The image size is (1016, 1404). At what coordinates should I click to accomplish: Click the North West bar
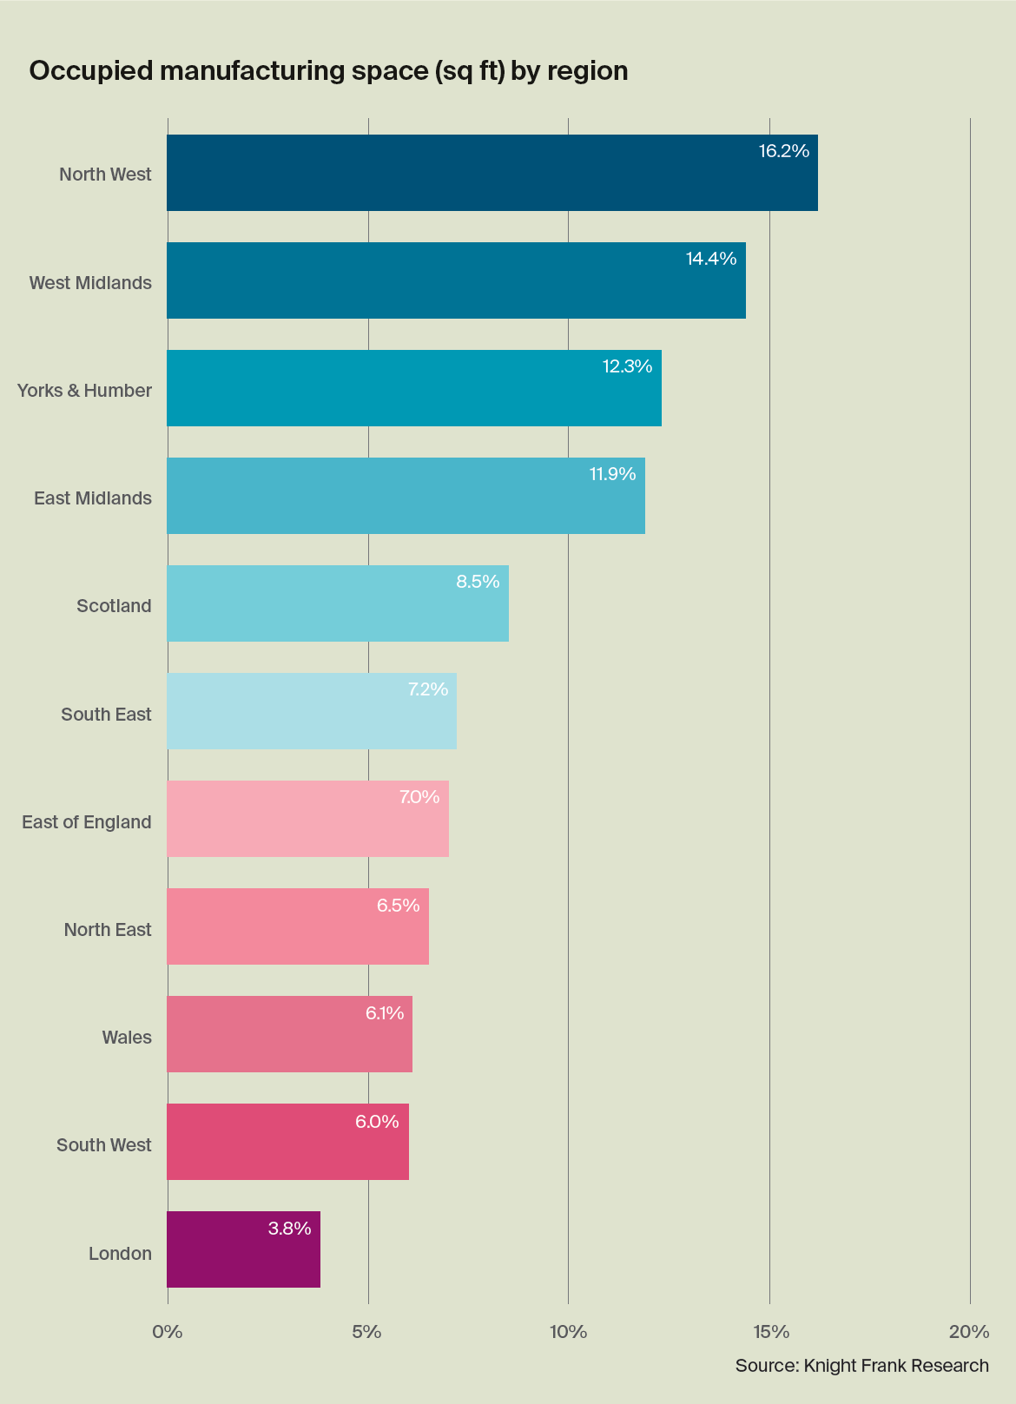(x=492, y=173)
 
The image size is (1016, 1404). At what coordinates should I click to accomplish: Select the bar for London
(x=243, y=1249)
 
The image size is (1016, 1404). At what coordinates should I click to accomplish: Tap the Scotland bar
(x=337, y=603)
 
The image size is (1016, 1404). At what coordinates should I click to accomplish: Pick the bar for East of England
(x=307, y=819)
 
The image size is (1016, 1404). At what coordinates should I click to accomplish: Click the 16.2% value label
(x=783, y=151)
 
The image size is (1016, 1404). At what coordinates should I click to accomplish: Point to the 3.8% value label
(x=289, y=1229)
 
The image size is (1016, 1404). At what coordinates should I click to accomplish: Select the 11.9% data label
(x=612, y=474)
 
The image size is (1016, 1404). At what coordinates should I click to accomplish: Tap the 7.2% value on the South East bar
(x=427, y=689)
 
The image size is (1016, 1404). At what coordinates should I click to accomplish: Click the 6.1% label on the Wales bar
(x=384, y=1013)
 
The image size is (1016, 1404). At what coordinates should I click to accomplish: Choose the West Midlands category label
(x=90, y=283)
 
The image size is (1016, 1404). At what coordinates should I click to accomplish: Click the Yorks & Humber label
(x=84, y=391)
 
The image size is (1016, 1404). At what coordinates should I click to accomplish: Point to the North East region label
(x=108, y=930)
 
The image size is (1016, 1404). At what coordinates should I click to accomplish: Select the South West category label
(x=104, y=1145)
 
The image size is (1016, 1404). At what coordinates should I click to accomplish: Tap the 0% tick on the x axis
(x=168, y=1332)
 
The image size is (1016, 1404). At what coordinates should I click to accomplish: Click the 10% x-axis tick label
(x=568, y=1332)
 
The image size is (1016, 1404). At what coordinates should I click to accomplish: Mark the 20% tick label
(x=969, y=1332)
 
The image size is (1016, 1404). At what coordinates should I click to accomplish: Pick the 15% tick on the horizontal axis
(x=769, y=1332)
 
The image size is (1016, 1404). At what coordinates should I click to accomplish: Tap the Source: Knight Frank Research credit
(x=861, y=1365)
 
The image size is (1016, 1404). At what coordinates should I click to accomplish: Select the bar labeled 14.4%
(x=456, y=280)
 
